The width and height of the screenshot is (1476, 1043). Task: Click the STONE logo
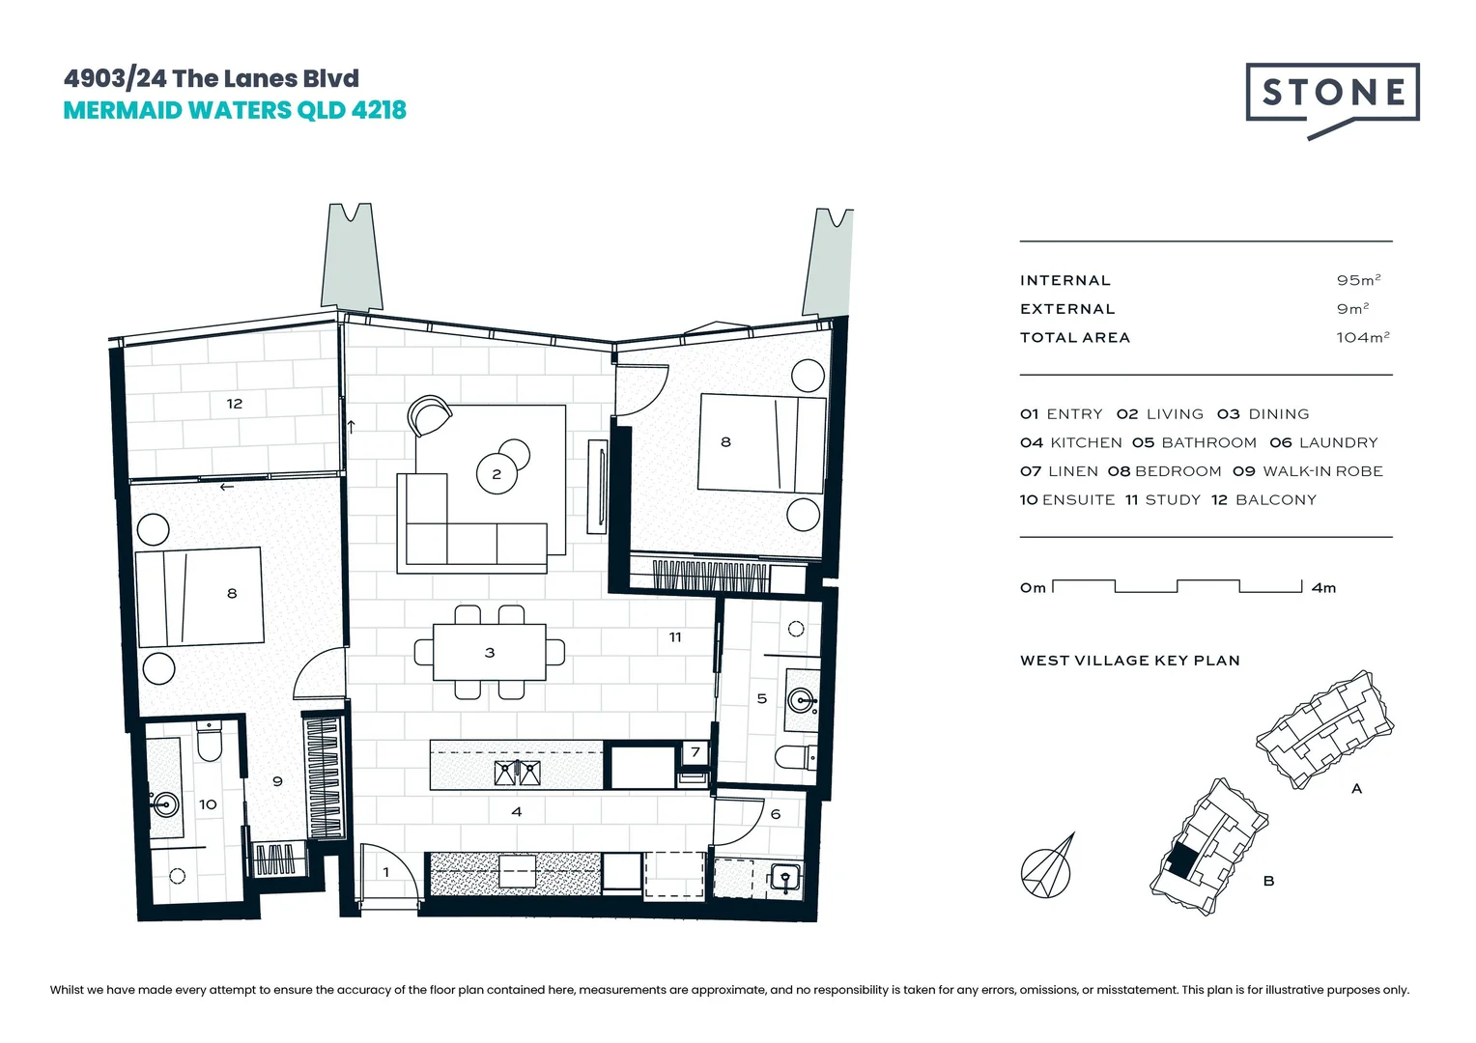point(1332,94)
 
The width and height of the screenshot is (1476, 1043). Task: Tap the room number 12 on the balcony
point(235,404)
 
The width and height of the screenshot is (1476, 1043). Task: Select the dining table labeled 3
point(490,653)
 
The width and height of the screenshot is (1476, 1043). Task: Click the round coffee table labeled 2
point(497,473)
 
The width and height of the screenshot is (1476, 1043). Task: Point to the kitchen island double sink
point(517,773)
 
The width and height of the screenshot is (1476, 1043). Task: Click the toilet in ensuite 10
point(210,741)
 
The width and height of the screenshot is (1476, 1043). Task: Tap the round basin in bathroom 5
point(801,699)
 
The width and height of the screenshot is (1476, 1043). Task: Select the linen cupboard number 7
point(695,752)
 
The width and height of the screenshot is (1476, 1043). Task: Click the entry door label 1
point(386,872)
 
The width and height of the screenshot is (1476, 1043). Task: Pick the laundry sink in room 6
point(783,879)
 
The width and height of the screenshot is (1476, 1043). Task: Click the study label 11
point(675,637)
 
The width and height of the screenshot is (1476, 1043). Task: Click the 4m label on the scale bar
point(1324,588)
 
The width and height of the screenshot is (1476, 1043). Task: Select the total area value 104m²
point(1362,337)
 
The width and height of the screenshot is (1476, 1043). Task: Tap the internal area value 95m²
point(1358,280)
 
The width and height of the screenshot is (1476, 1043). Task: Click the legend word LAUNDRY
point(1338,442)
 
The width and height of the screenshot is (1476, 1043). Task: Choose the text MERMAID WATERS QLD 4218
point(235,110)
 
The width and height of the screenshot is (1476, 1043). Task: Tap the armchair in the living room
point(429,416)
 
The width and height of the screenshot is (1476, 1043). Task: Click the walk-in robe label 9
point(277,781)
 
